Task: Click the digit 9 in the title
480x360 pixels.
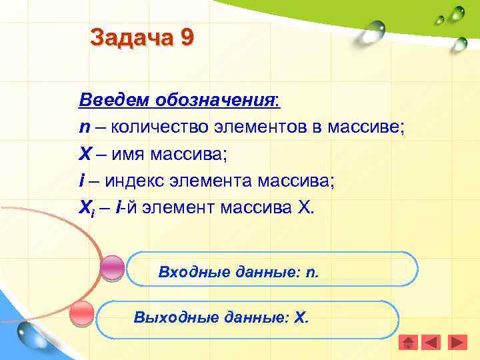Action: tap(186, 37)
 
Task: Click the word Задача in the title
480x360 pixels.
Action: tap(131, 37)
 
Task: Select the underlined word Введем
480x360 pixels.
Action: tap(114, 101)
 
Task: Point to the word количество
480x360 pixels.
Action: tap(158, 127)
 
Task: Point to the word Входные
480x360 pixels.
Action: tap(187, 272)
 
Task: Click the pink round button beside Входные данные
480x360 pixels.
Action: tap(112, 267)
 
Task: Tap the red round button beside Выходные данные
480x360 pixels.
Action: tap(81, 313)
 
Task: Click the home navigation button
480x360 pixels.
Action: tap(408, 343)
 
